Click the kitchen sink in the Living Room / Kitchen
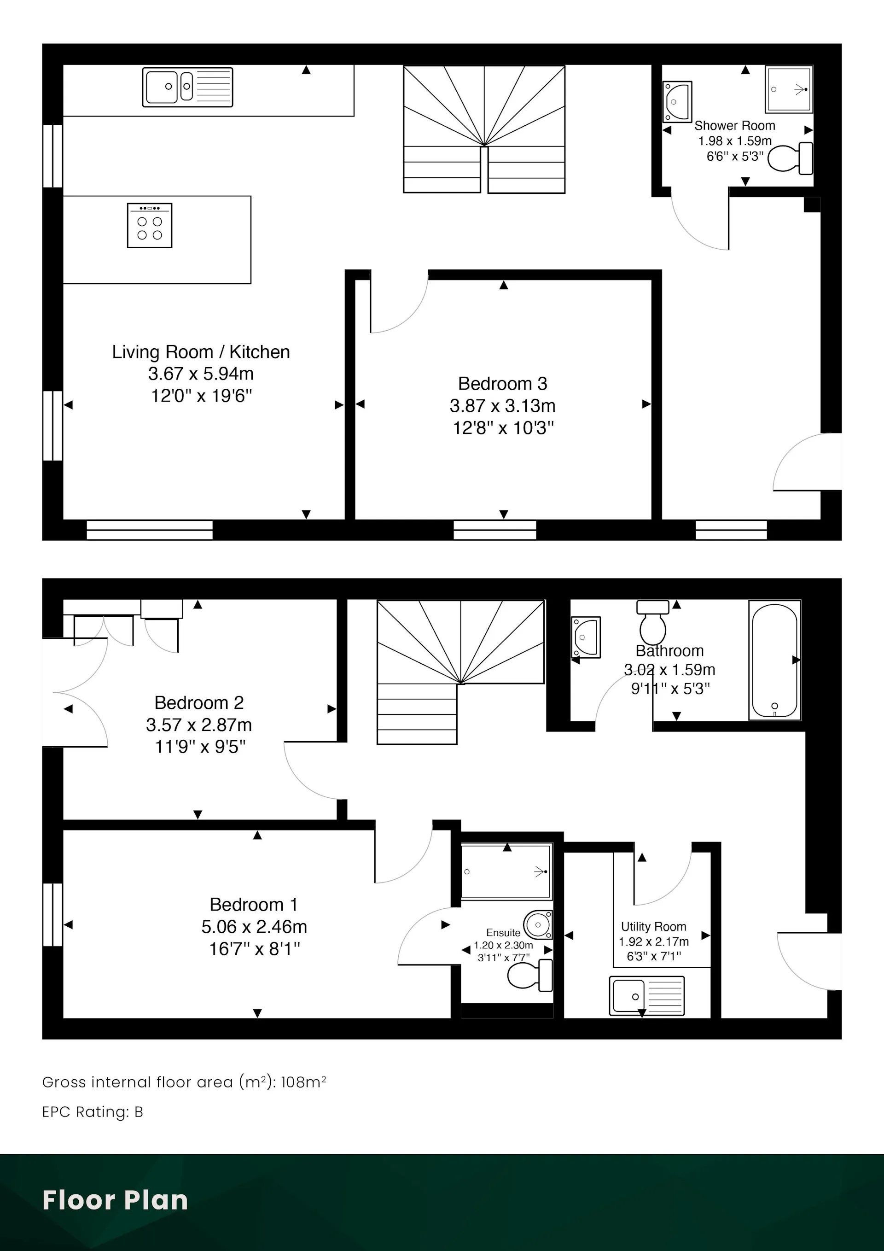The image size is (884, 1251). click(187, 87)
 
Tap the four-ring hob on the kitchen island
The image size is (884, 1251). click(150, 226)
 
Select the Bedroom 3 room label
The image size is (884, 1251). click(503, 384)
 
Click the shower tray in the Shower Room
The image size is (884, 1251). click(789, 89)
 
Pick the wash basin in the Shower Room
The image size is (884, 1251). click(677, 102)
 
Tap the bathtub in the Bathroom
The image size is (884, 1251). click(774, 660)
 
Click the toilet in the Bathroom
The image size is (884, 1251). click(653, 623)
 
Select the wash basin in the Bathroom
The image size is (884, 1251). click(586, 637)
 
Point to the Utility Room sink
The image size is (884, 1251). click(646, 996)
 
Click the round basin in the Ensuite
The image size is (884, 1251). click(539, 924)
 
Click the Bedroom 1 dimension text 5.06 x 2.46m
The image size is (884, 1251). click(254, 926)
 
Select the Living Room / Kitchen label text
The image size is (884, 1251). click(201, 352)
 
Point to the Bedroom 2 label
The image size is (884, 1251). click(199, 703)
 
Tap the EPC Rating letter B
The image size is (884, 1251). click(139, 1112)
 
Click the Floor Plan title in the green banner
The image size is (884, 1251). click(115, 1200)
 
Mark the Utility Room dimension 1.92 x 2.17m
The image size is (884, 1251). click(654, 941)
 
